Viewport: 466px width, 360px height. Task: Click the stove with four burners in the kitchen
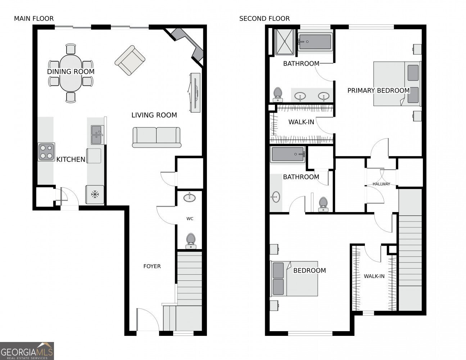(46, 152)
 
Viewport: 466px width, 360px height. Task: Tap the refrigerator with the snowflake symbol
(95, 195)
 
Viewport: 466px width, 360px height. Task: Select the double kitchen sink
(96, 135)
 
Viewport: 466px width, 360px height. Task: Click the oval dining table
(71, 73)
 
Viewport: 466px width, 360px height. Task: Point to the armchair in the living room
(130, 60)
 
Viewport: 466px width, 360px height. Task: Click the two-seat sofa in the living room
(157, 137)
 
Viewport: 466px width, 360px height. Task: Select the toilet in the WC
(190, 241)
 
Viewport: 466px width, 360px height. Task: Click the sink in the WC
(190, 198)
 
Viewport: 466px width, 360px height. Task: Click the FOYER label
(152, 266)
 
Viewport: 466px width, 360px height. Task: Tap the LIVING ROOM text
(154, 115)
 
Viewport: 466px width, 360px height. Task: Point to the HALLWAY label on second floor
(381, 184)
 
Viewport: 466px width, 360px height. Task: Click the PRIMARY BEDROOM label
(378, 91)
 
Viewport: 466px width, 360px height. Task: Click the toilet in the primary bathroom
(277, 94)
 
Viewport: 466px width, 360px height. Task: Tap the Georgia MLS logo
(27, 351)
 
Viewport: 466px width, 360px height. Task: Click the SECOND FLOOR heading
(264, 19)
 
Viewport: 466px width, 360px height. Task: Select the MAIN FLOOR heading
(34, 19)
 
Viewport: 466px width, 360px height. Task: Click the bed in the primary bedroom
(397, 84)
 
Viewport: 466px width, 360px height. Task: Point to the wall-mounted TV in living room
(194, 93)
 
